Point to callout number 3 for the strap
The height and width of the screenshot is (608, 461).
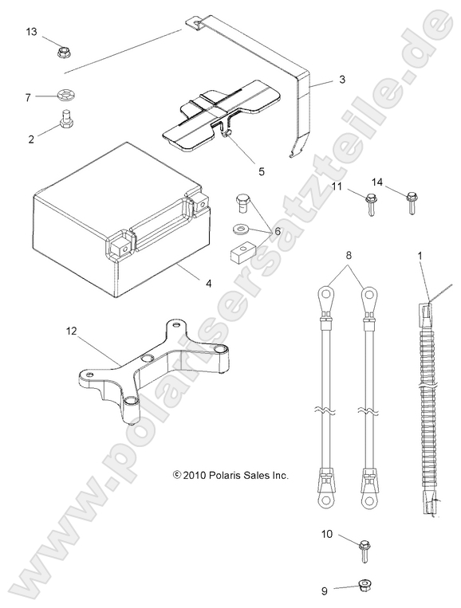[x=341, y=80]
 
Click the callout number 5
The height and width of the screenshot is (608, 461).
[x=239, y=171]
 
